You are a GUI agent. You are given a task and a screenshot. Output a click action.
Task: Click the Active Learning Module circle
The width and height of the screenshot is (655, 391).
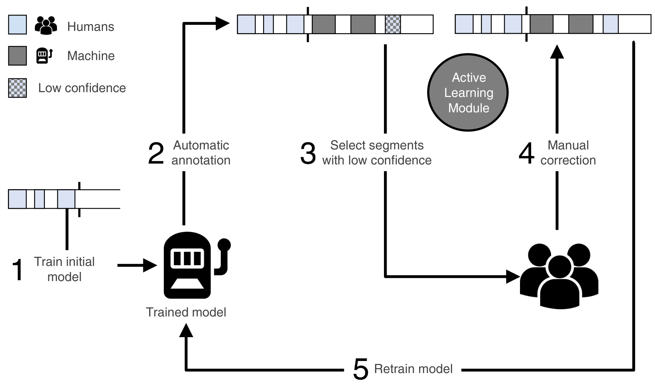468,92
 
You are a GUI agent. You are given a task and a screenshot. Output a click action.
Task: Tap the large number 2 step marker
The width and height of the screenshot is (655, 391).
156,153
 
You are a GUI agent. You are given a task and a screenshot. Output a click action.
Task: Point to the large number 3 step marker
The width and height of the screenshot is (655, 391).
308,153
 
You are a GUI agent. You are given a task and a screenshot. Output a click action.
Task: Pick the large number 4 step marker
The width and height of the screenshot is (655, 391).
527,153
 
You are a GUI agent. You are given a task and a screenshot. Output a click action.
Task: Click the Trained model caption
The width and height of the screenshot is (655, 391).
186,312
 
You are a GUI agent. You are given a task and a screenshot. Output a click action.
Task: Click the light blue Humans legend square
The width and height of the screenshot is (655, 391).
18,25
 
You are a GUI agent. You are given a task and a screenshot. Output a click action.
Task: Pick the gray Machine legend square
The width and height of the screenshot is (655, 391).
18,56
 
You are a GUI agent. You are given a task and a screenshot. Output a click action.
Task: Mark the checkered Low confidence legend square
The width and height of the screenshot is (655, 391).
18,88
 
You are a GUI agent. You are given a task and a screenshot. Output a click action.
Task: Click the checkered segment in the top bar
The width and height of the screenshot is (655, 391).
393,25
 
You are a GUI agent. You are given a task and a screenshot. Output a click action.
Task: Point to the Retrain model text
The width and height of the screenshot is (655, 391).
413,369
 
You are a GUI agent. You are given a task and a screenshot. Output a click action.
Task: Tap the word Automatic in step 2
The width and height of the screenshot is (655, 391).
201,145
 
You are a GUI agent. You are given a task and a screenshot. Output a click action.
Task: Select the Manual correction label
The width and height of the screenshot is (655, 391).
568,153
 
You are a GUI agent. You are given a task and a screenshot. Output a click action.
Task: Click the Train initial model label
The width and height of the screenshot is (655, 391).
64,269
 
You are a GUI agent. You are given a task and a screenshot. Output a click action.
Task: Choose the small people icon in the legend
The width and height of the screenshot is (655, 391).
46,26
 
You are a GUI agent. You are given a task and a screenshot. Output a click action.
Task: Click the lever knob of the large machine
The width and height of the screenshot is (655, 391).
224,245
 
